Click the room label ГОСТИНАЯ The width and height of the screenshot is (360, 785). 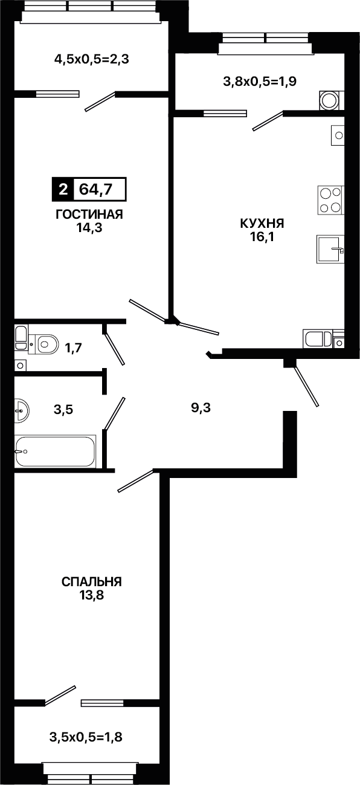tap(89, 214)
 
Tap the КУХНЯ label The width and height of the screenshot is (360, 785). tap(262, 223)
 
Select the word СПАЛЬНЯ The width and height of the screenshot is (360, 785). tap(92, 582)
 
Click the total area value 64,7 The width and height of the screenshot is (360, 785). tap(95, 190)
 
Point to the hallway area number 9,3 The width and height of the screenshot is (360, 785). tap(201, 408)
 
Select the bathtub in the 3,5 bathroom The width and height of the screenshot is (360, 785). tap(55, 451)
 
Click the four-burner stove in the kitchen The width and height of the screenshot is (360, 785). tap(330, 200)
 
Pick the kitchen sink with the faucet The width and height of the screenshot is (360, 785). tap(330, 249)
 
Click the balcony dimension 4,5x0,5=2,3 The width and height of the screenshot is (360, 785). tap(92, 59)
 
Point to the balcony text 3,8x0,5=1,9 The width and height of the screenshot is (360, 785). tap(260, 82)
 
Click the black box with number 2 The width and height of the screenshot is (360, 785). tap(63, 190)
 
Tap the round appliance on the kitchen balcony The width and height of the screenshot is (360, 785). tap(329, 100)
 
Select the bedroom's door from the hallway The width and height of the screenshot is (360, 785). tap(136, 481)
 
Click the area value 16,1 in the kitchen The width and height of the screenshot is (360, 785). tap(262, 237)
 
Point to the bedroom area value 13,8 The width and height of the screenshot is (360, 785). tap(92, 595)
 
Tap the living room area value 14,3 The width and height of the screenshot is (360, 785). tap(89, 228)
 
